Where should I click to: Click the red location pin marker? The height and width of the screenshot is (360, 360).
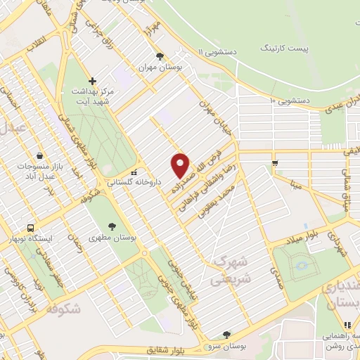(x=181, y=165)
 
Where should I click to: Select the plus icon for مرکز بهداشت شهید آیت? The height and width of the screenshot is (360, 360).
(x=91, y=81)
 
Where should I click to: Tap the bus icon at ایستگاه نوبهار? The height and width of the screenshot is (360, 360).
(x=30, y=228)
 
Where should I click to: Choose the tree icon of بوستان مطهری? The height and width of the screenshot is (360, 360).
(x=112, y=226)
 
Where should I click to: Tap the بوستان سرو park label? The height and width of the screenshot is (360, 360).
(x=225, y=346)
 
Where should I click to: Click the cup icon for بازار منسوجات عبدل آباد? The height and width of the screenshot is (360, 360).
(x=39, y=155)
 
